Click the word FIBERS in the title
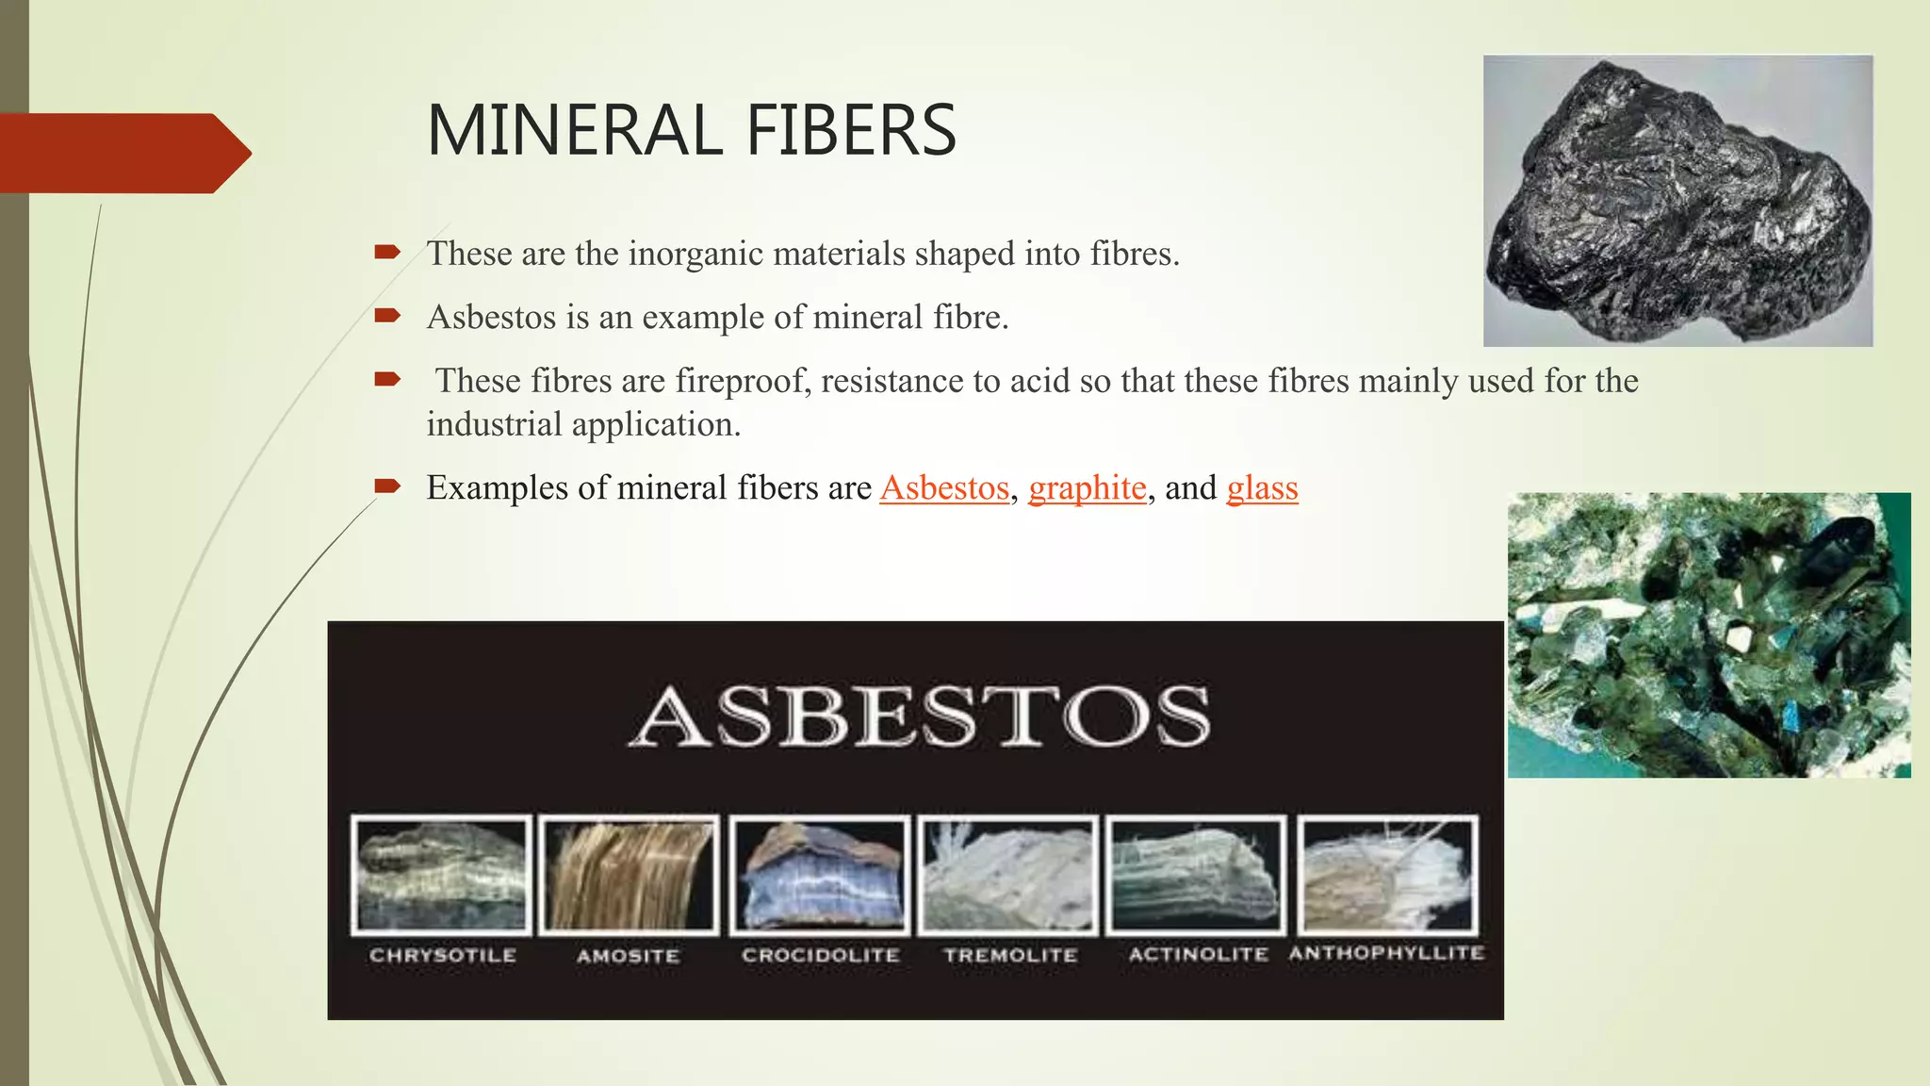click(x=851, y=130)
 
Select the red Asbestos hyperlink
click(x=944, y=488)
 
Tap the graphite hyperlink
click(x=1087, y=488)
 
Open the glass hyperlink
click(x=1262, y=488)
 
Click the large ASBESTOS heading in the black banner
click(x=919, y=716)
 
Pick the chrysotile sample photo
click(x=441, y=875)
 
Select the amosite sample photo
click(x=630, y=875)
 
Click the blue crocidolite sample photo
click(x=820, y=875)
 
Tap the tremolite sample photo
click(x=1008, y=875)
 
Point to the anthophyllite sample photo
click(x=1387, y=875)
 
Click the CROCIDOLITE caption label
click(x=820, y=955)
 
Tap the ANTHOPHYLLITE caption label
click(x=1386, y=953)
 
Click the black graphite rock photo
click(x=1677, y=201)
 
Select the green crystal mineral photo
click(x=1709, y=634)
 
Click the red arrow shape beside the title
click(x=123, y=153)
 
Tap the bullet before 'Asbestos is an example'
click(x=387, y=316)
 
